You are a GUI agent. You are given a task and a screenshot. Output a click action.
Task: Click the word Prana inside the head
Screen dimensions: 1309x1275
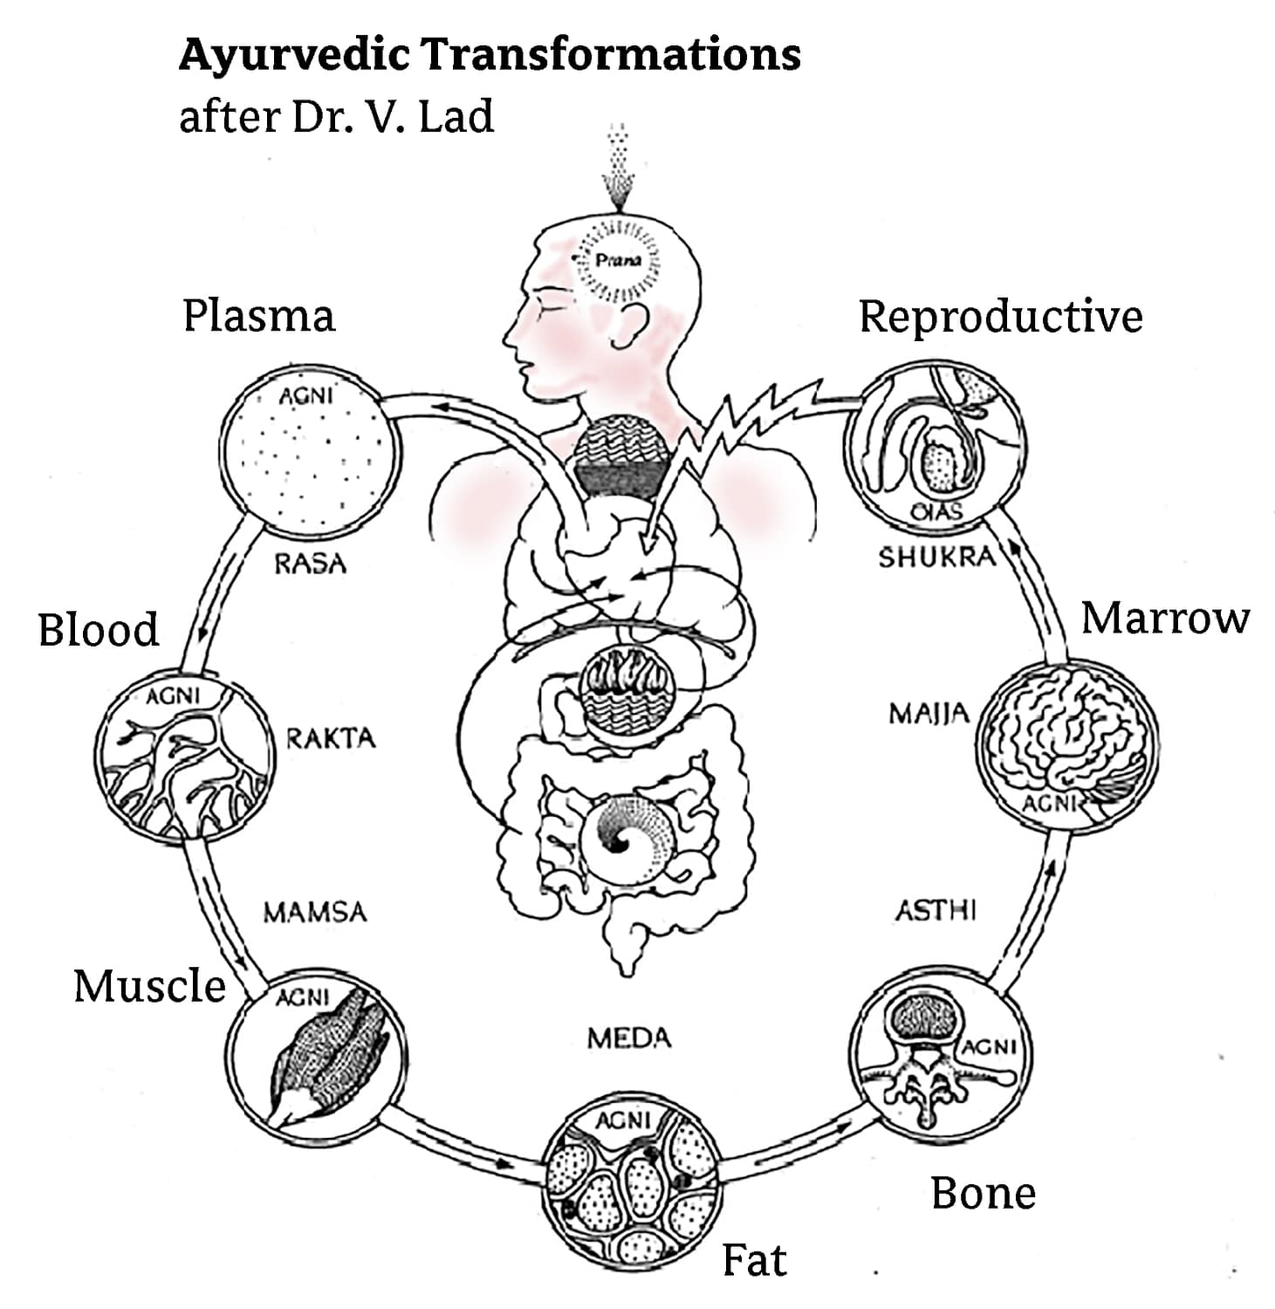tap(618, 260)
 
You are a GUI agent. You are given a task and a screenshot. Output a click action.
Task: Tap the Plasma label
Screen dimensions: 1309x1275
tap(258, 316)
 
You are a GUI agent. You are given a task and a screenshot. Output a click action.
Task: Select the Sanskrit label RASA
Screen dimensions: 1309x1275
tap(310, 564)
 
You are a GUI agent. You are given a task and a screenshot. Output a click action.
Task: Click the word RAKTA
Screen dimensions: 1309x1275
tap(331, 738)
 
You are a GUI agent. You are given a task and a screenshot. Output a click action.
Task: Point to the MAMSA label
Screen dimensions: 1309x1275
tap(315, 913)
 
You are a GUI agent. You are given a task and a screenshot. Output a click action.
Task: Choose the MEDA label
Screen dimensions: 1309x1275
tap(628, 1038)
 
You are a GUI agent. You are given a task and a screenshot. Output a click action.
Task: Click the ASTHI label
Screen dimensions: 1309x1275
tap(936, 911)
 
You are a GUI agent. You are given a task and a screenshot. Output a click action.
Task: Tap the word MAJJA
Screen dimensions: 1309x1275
tap(929, 714)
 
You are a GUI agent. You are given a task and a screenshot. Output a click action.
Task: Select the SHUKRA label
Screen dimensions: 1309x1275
tap(936, 557)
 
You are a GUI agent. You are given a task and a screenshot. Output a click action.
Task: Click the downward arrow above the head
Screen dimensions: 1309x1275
tap(618, 170)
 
